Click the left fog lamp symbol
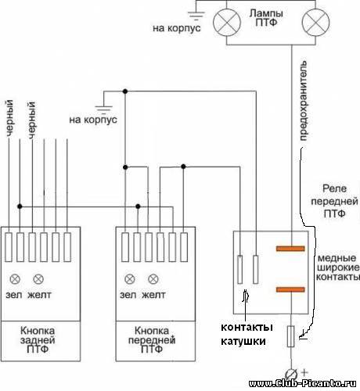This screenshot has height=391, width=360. pyautogui.click(x=227, y=23)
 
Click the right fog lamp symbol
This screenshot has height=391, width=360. pyautogui.click(x=315, y=23)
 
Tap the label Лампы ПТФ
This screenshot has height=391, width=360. pyautogui.click(x=266, y=18)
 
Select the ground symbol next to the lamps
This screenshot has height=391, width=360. pyautogui.click(x=196, y=15)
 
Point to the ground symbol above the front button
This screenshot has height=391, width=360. pyautogui.click(x=103, y=109)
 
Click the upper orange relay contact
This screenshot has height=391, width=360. pyautogui.click(x=290, y=249)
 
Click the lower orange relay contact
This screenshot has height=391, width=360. pyautogui.click(x=290, y=289)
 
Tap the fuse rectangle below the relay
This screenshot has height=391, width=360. pyautogui.click(x=291, y=336)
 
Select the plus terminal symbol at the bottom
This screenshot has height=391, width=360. pyautogui.click(x=291, y=375)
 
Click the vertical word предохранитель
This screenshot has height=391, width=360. pyautogui.click(x=304, y=101)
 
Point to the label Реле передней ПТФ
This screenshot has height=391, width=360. pyautogui.click(x=334, y=201)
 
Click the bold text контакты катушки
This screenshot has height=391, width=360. pyautogui.click(x=247, y=334)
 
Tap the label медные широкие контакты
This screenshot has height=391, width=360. pyautogui.click(x=338, y=267)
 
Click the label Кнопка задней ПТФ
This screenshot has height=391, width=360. pyautogui.click(x=38, y=339)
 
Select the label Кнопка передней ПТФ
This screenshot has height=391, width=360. pyautogui.click(x=152, y=339)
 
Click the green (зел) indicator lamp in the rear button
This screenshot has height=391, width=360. pyautogui.click(x=15, y=279)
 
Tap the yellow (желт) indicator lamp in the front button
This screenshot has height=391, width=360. pyautogui.click(x=153, y=279)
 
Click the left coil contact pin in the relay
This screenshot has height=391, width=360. pyautogui.click(x=239, y=270)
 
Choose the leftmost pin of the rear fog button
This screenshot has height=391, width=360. pyautogui.click(x=9, y=247)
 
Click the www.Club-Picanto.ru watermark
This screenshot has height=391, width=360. pyautogui.click(x=303, y=383)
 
